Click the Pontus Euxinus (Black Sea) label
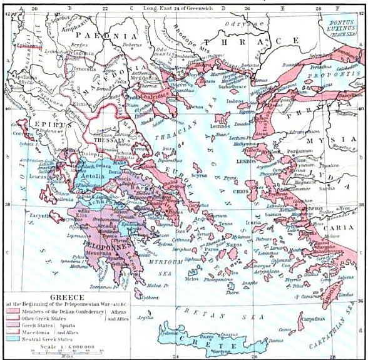click(x=343, y=27)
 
